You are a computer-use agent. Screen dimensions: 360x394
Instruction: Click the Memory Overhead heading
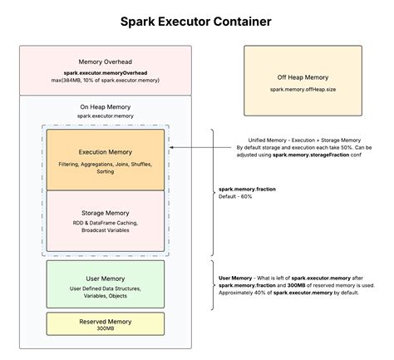coord(105,62)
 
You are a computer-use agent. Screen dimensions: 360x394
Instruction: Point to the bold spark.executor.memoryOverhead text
coord(105,73)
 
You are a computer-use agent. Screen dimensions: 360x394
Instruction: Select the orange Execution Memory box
coord(105,160)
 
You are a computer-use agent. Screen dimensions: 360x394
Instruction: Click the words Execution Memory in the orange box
coord(105,153)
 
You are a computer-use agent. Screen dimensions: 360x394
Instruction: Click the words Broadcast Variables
coord(105,229)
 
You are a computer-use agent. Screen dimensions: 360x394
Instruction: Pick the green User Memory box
coord(105,284)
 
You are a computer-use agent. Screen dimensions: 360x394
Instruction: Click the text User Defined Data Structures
coord(105,288)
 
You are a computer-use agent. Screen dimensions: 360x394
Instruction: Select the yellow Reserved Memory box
coord(105,323)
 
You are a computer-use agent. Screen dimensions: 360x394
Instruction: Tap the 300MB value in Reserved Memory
coord(105,328)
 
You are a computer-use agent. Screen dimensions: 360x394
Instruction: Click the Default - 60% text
coord(235,197)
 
